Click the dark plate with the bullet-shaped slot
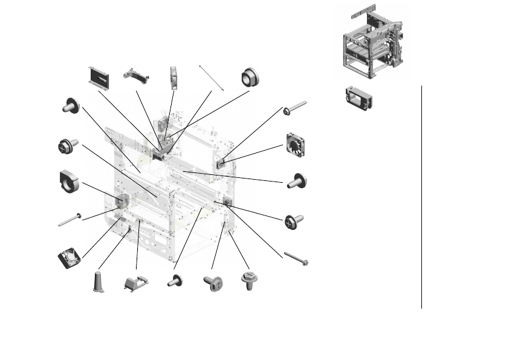pyautogui.click(x=98, y=77)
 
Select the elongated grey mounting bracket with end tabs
pyautogui.click(x=136, y=76)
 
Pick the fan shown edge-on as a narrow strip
pyautogui.click(x=173, y=78)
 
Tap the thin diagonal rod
pyautogui.click(x=211, y=77)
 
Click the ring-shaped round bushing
pyautogui.click(x=249, y=77)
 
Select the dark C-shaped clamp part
pyautogui.click(x=70, y=182)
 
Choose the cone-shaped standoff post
pyautogui.click(x=99, y=282)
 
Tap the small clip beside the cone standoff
pyautogui.click(x=136, y=283)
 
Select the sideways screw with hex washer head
pyautogui.click(x=213, y=283)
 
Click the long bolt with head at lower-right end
pyautogui.click(x=296, y=258)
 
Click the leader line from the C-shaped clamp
pyautogui.click(x=100, y=191)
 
